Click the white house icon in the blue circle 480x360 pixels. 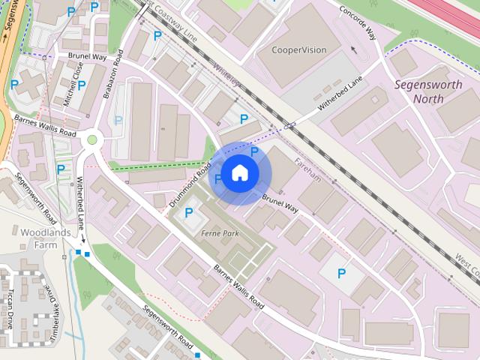(239, 173)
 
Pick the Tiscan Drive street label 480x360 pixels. (11, 308)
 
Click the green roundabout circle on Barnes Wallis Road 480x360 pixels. (93, 139)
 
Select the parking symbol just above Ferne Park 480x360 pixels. (188, 214)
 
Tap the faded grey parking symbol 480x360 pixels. (117, 120)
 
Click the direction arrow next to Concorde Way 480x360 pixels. (353, 50)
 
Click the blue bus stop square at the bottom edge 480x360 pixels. (197, 355)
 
